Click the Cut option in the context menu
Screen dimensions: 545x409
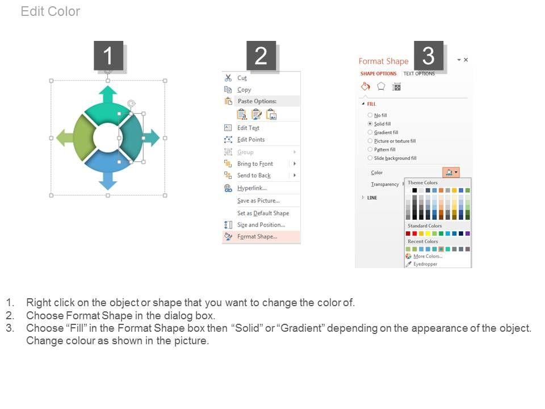(242, 78)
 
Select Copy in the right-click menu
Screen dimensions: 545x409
(244, 90)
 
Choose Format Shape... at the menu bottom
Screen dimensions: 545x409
(257, 237)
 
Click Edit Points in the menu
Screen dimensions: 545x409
(251, 140)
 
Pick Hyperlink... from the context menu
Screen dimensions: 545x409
(252, 188)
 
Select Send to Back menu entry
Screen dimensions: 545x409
(254, 176)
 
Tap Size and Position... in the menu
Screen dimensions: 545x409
(261, 225)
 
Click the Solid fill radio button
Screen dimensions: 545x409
(370, 124)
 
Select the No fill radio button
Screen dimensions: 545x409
(370, 115)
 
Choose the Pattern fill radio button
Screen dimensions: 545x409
(370, 149)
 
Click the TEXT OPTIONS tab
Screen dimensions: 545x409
(419, 74)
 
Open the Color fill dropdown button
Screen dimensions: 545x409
(451, 173)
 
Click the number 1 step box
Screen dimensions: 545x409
(108, 56)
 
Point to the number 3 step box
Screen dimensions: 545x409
(429, 56)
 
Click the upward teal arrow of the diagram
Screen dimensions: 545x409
(108, 95)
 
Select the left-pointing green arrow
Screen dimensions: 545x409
(65, 137)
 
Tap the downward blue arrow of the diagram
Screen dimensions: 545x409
(108, 181)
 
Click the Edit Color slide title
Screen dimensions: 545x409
(51, 11)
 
